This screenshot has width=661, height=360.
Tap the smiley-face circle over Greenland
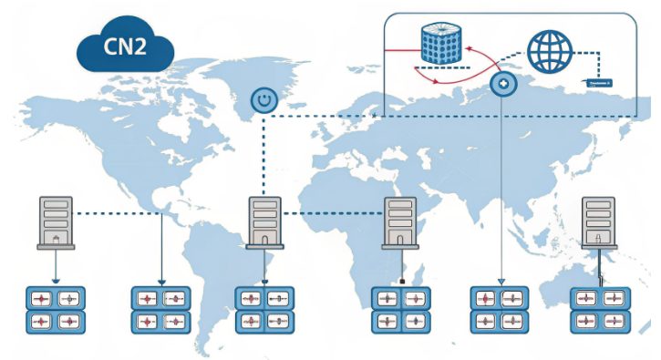point(263,99)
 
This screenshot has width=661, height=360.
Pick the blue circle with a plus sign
point(502,85)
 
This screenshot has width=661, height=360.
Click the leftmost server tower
point(56,221)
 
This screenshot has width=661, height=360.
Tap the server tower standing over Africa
point(399,222)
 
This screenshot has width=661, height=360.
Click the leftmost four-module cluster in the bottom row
point(55,309)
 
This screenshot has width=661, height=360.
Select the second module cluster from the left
point(161,309)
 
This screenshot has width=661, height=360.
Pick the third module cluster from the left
point(264,309)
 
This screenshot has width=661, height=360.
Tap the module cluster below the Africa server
point(400,309)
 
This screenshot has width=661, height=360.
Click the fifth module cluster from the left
point(499,309)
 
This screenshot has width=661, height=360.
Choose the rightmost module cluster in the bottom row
point(599,309)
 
